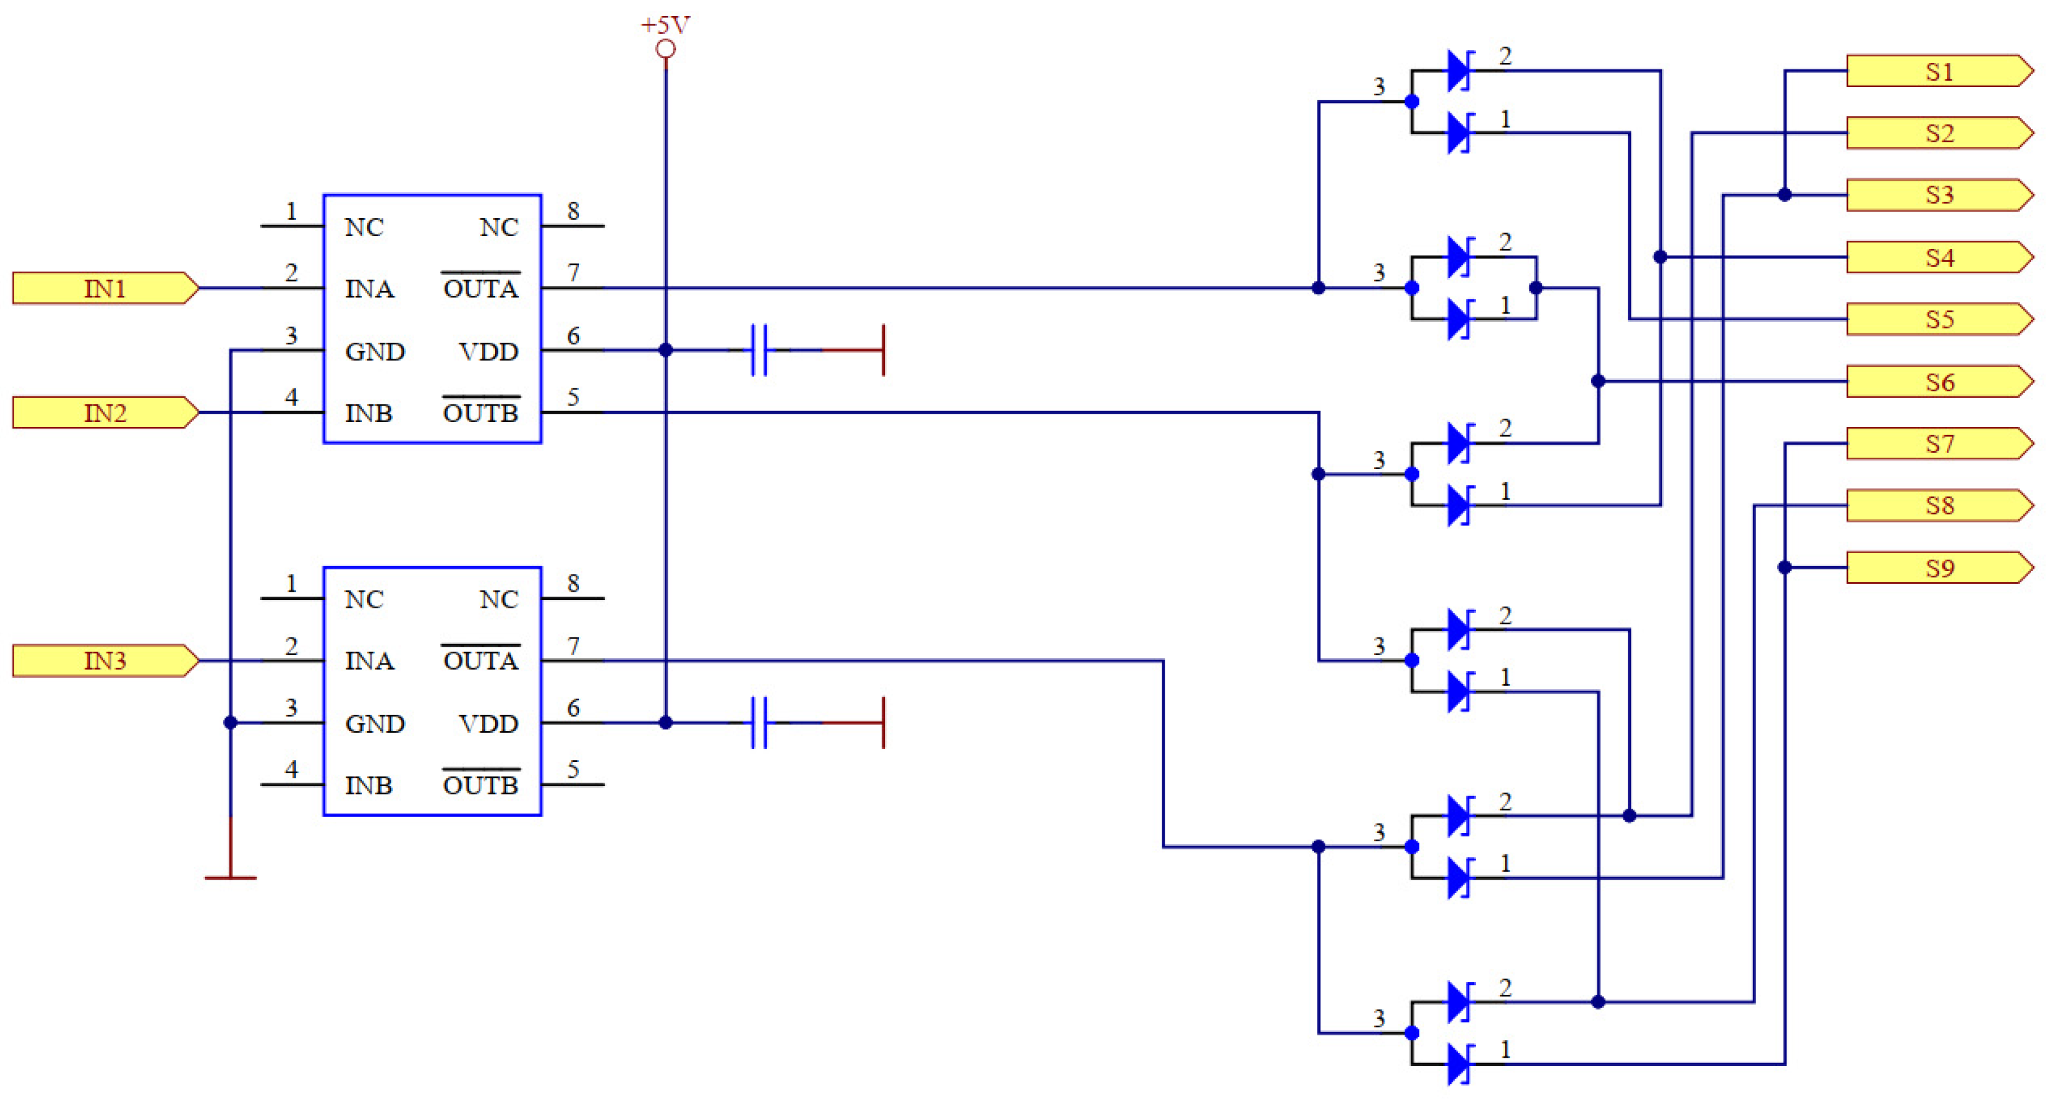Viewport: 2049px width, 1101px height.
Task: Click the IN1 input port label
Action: point(104,288)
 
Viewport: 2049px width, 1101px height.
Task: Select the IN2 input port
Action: point(104,413)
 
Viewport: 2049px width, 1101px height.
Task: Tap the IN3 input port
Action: point(104,660)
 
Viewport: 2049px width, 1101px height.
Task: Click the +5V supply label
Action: point(665,25)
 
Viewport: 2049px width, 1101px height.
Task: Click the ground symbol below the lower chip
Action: point(231,875)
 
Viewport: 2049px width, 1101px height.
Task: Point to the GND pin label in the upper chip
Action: point(375,352)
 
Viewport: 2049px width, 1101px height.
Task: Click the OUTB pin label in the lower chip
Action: point(481,784)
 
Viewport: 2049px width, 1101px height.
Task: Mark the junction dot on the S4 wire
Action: point(1660,257)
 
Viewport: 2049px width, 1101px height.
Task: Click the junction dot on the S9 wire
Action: point(1784,567)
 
